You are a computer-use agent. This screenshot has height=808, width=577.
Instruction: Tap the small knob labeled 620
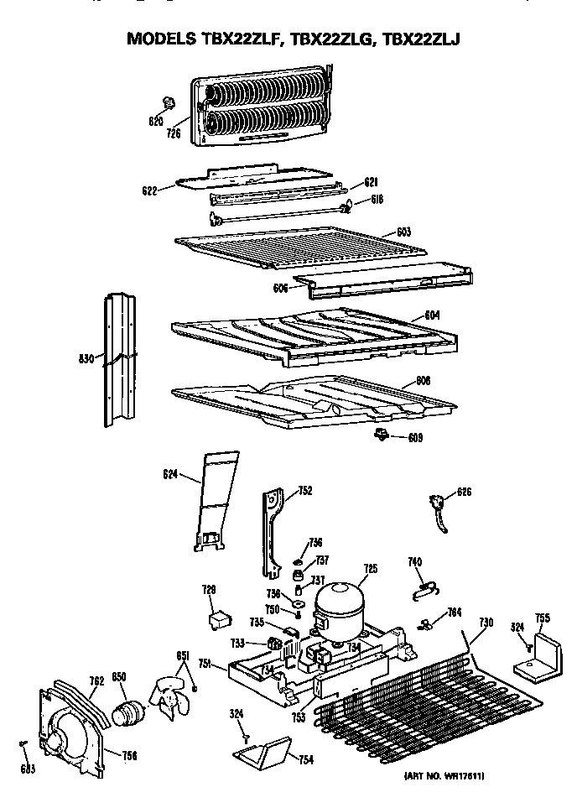[168, 102]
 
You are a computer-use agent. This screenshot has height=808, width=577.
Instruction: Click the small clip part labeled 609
[382, 433]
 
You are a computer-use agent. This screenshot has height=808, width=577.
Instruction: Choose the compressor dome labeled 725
[340, 603]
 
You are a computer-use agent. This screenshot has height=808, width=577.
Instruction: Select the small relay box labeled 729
[220, 618]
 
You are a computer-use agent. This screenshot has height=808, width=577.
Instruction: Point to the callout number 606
[281, 287]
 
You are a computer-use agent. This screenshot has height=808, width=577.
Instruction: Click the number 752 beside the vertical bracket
[304, 492]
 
